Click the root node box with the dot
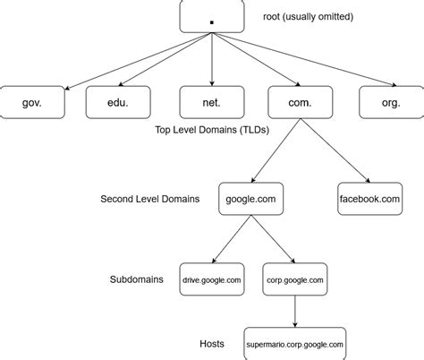point(211,17)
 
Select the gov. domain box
point(31,102)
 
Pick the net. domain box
point(211,102)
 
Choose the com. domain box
point(300,102)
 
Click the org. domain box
point(391,102)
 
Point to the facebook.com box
point(369,198)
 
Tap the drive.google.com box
point(211,279)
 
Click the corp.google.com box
point(295,279)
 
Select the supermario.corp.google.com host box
point(295,343)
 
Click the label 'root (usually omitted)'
point(307,17)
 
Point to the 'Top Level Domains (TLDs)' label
point(211,130)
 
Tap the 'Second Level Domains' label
point(150,198)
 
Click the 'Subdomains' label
point(136,279)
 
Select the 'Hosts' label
point(211,343)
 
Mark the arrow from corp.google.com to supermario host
point(295,312)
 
